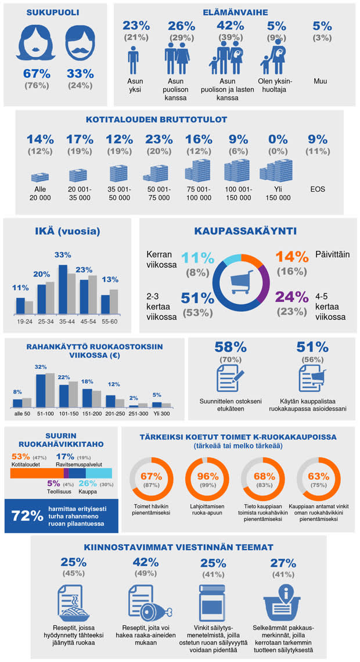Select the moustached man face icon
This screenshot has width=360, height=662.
[x=80, y=45]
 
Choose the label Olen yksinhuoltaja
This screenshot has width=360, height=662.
[x=276, y=85]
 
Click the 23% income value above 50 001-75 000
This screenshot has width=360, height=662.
[x=159, y=139]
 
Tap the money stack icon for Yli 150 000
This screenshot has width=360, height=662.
[x=275, y=171]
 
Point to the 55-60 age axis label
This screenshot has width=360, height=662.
[x=109, y=320]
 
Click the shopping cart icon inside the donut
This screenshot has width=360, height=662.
[x=240, y=282]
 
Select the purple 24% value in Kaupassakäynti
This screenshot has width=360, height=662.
[x=293, y=297]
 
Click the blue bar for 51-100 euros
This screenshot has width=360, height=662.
[x=41, y=390]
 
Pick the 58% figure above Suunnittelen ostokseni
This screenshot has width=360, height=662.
[x=230, y=347]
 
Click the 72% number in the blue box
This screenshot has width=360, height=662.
[x=28, y=515]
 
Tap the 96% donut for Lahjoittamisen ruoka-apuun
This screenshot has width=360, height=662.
[x=204, y=481]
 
